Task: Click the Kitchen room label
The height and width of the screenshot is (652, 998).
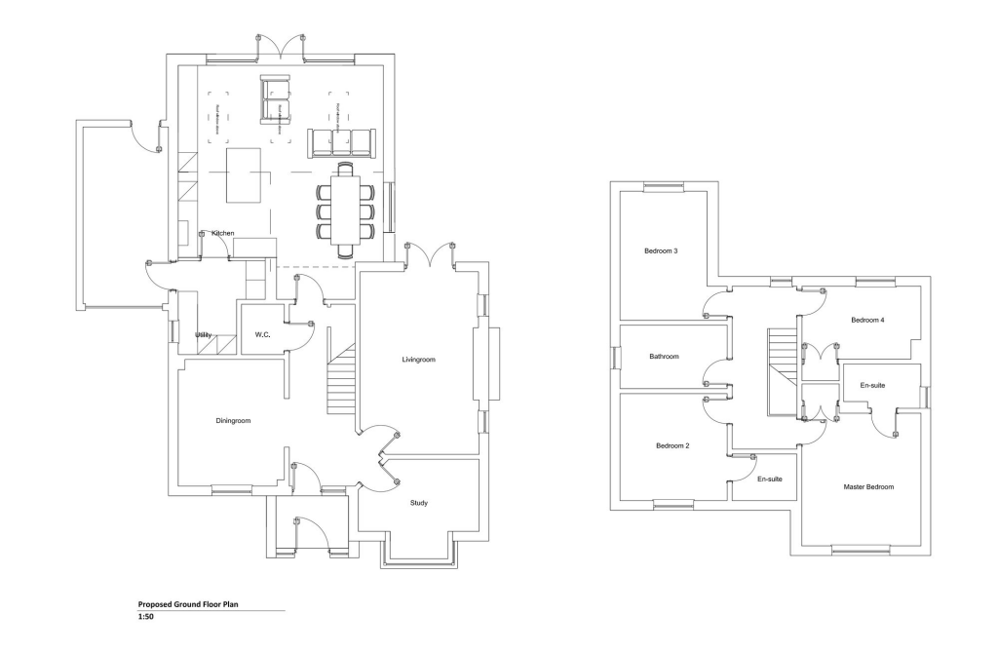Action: pos(222,233)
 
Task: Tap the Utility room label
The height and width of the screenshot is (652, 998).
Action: pos(203,335)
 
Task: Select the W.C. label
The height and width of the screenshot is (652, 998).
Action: pos(262,335)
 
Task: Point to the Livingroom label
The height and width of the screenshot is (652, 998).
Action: pos(418,360)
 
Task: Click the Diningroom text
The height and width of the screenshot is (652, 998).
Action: pos(233,421)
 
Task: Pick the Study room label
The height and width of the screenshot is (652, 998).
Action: pos(418,503)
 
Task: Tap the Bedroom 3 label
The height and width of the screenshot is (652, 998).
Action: pos(661,251)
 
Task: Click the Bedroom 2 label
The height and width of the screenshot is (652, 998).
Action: pos(672,445)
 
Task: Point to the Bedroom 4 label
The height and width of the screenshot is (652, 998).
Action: pos(867,321)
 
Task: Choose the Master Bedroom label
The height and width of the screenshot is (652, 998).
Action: pos(868,486)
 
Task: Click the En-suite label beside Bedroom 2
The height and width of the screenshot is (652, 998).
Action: pos(770,479)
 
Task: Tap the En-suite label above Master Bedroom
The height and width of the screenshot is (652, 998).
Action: pos(872,386)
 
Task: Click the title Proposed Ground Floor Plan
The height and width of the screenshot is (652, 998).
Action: pos(188,604)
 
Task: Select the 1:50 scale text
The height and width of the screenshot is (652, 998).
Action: pos(145,617)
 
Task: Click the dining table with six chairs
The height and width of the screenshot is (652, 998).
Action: pos(345,209)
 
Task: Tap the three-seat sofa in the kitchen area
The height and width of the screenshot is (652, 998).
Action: pos(341,142)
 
